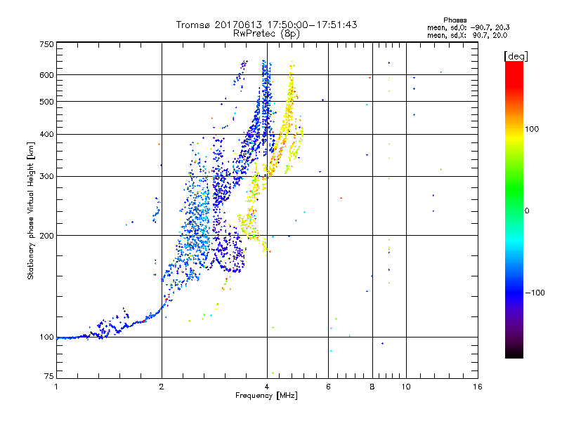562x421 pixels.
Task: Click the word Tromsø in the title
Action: (x=192, y=25)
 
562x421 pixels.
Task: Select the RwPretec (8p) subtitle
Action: (x=267, y=33)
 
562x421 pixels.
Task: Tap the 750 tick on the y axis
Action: (x=46, y=44)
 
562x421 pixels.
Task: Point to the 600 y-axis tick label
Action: (x=46, y=75)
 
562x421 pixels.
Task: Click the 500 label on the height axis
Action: (x=46, y=102)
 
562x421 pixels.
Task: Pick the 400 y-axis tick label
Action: (x=46, y=134)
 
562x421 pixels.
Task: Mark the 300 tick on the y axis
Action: (x=46, y=176)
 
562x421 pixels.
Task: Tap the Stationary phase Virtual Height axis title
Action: (x=31, y=210)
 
